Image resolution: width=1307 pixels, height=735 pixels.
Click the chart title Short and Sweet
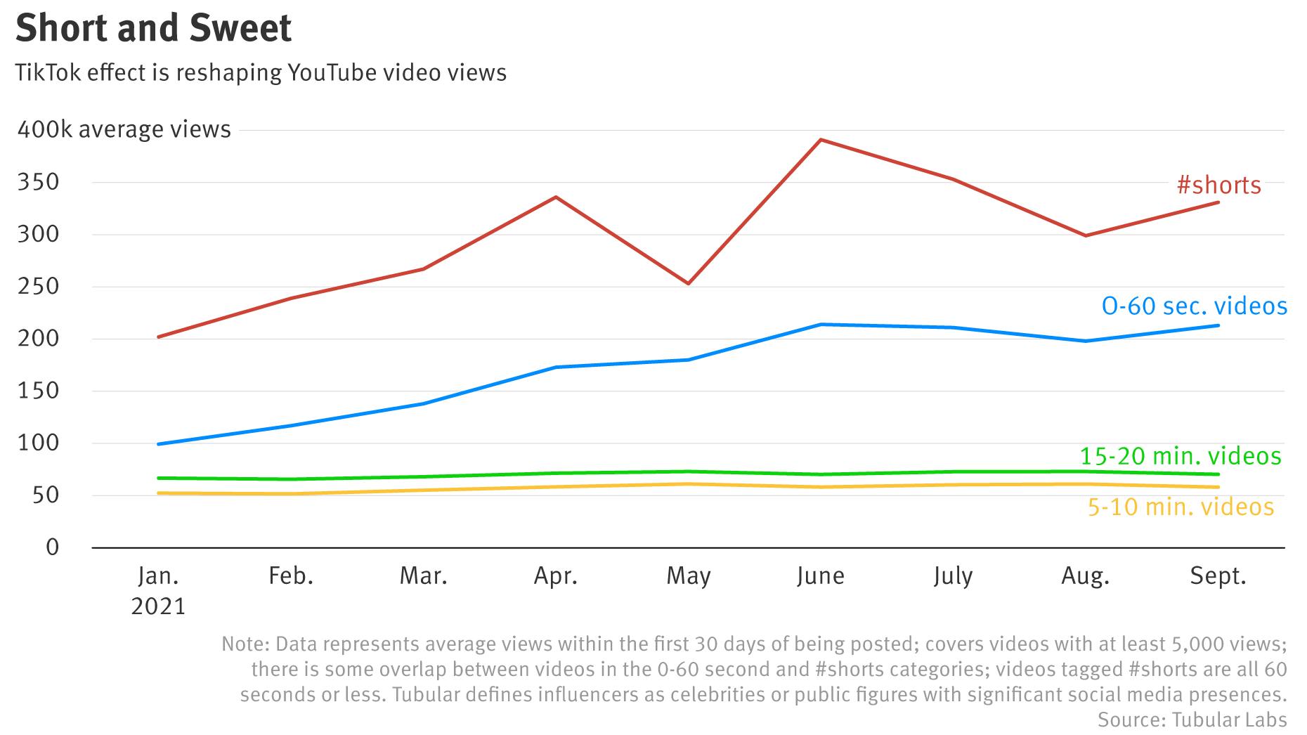pos(153,29)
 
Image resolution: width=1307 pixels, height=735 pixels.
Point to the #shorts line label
pos(1219,186)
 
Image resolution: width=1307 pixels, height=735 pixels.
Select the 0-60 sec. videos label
pos(1194,306)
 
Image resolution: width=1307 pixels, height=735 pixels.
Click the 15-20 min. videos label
pos(1180,457)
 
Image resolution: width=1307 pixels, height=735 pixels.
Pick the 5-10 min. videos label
pos(1181,507)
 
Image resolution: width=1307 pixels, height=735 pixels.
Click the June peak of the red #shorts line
pos(821,140)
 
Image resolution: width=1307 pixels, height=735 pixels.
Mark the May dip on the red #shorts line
pos(689,283)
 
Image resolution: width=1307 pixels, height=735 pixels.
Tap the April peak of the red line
pos(556,197)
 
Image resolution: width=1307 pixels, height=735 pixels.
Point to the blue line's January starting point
pos(159,444)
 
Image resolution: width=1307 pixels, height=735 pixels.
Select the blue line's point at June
pos(821,325)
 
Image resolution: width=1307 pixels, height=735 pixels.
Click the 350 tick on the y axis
pos(38,183)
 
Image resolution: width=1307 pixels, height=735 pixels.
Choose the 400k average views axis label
pos(124,130)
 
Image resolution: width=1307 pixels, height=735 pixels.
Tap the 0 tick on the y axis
pos(53,547)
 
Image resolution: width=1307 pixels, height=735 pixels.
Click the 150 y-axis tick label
pos(38,391)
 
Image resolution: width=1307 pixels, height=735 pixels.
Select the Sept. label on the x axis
pos(1218,576)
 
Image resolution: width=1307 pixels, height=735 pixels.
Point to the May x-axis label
pos(689,576)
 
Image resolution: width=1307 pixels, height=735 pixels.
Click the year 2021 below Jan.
pos(158,606)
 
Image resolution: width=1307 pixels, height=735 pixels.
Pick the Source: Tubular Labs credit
pos(1192,720)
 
